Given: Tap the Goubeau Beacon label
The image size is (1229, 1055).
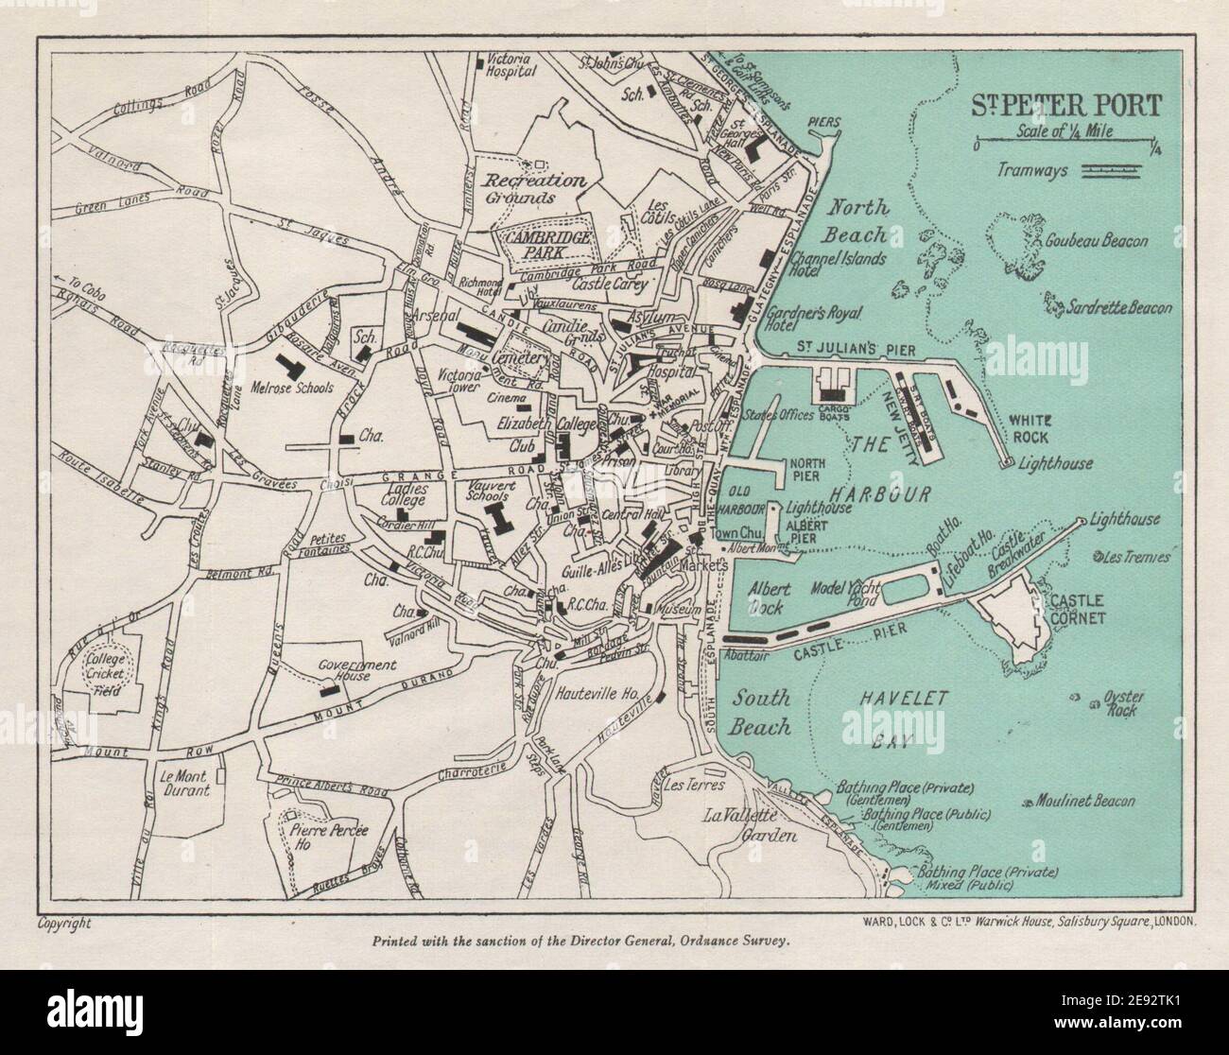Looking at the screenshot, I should [1096, 241].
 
